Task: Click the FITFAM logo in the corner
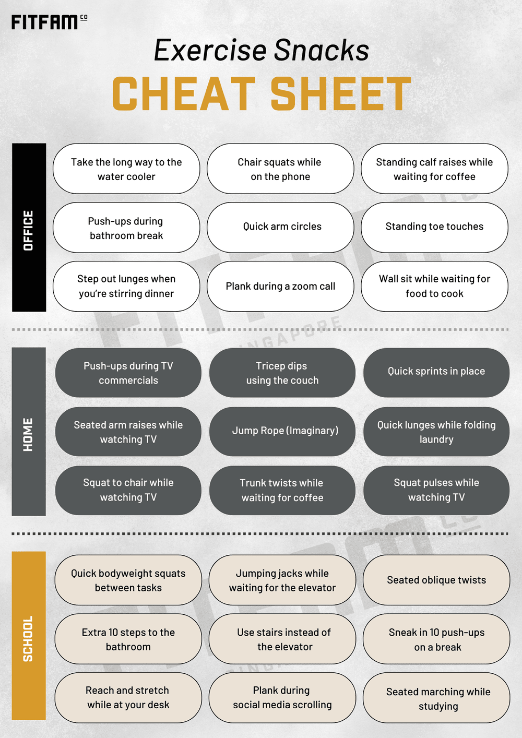[50, 22]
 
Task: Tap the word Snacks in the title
[322, 50]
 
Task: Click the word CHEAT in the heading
[184, 93]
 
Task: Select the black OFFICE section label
[29, 228]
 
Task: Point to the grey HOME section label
[29, 431]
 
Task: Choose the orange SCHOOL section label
[29, 636]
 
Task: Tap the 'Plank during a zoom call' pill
[280, 287]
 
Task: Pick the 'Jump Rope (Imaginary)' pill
[282, 431]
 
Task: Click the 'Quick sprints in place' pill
[436, 372]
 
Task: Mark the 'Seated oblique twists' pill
[436, 580]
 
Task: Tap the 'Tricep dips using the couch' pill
[282, 372]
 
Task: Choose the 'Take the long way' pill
[126, 169]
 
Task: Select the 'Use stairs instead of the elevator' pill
[282, 639]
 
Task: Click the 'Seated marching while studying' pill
[436, 698]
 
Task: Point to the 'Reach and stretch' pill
[128, 698]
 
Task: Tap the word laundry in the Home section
[436, 439]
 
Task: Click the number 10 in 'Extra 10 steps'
[113, 632]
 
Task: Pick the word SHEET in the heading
[341, 93]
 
